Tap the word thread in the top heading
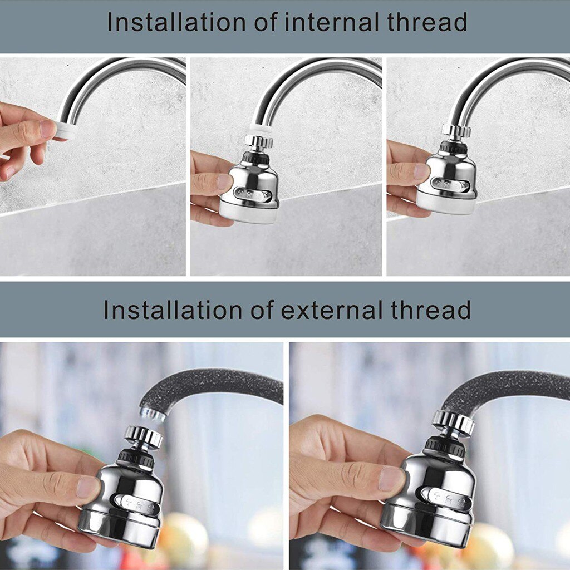pyautogui.click(x=426, y=23)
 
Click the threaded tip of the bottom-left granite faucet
pyautogui.click(x=151, y=414)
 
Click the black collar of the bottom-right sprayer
pyautogui.click(x=445, y=446)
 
